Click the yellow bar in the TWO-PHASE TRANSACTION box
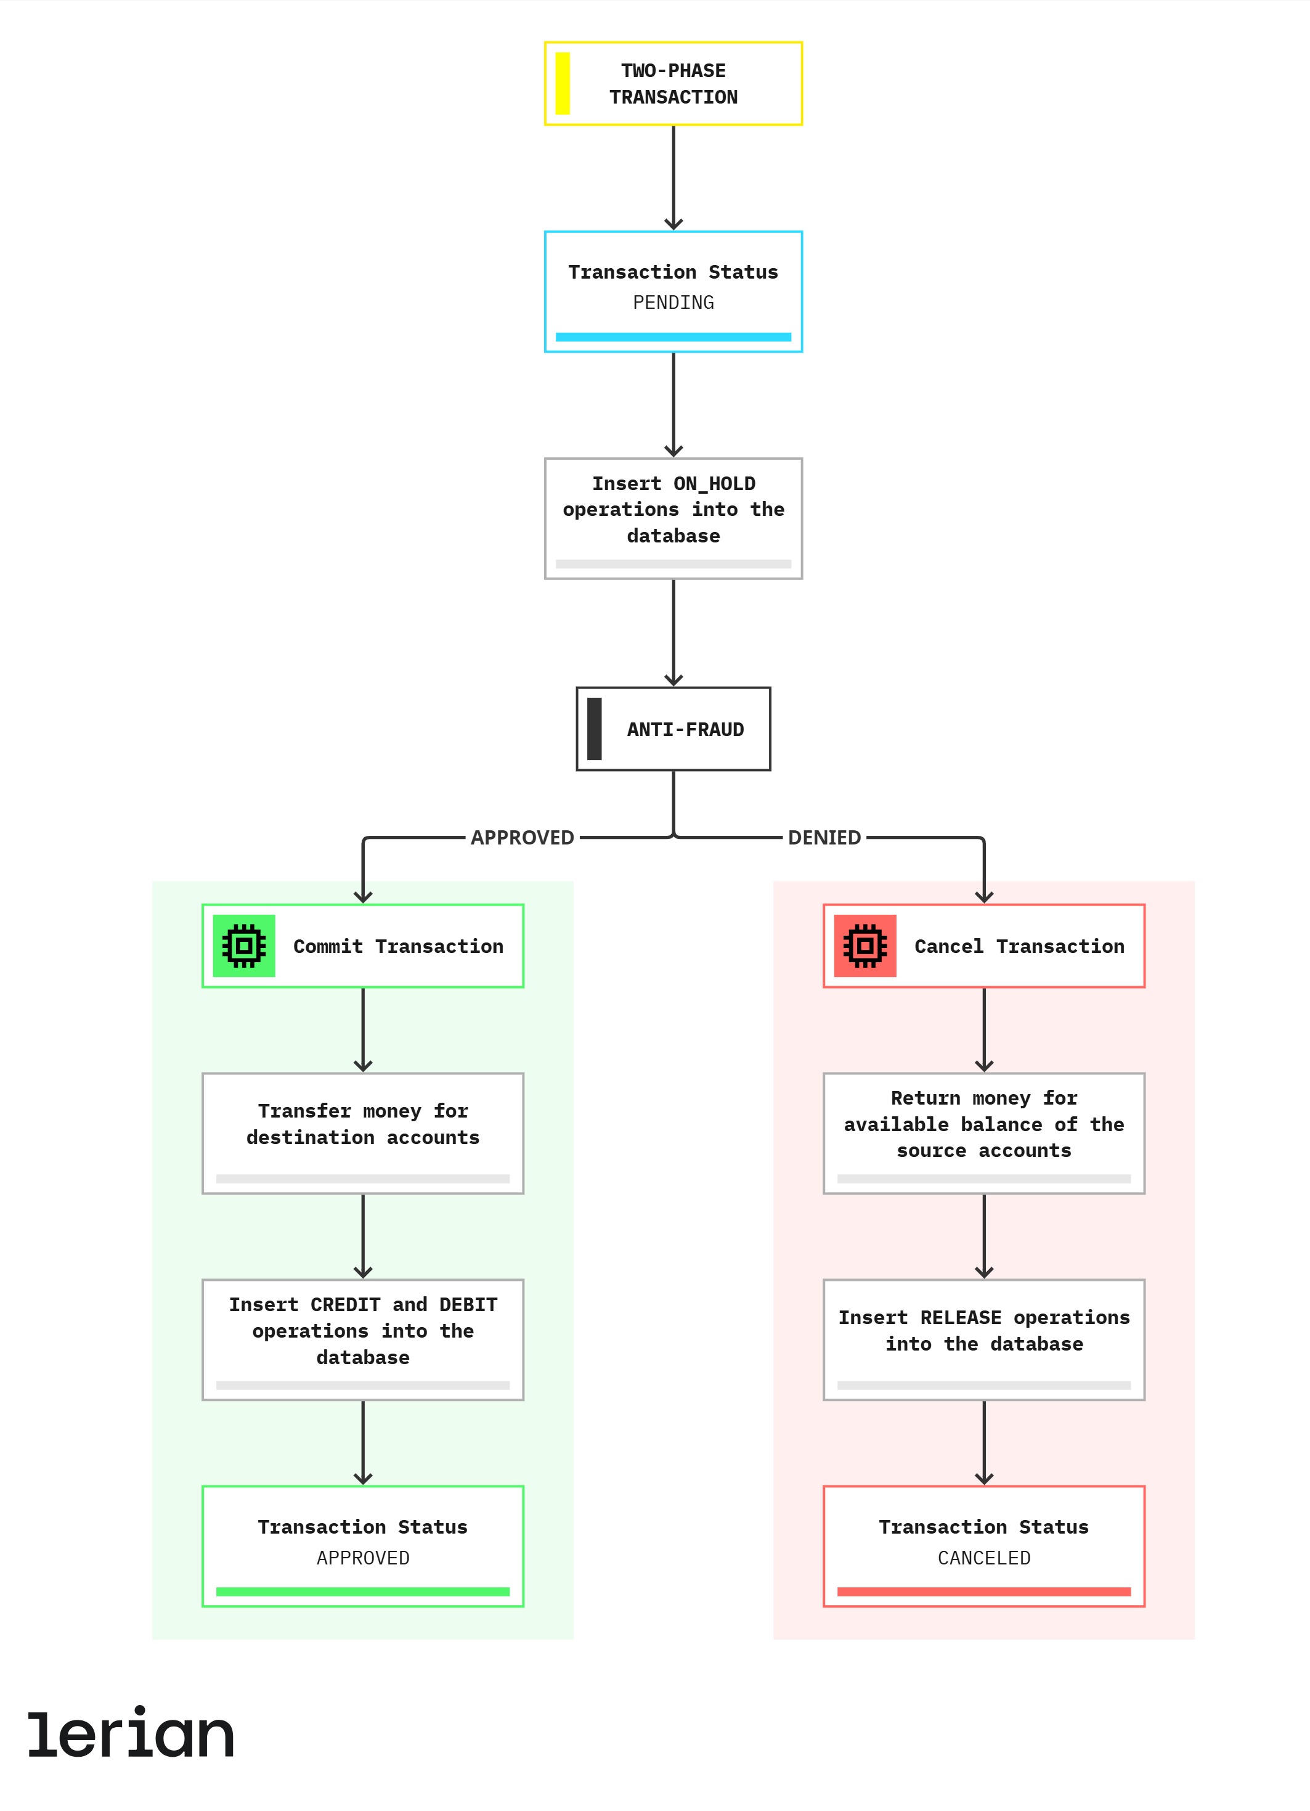(562, 83)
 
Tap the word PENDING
(673, 303)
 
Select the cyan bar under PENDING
(673, 337)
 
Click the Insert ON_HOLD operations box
(673, 518)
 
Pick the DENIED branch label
(824, 838)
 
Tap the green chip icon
(244, 946)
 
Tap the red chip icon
(865, 946)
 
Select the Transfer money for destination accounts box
(363, 1133)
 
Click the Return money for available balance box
(984, 1133)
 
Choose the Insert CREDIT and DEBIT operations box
(363, 1340)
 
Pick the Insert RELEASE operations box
(984, 1340)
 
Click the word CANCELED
(984, 1558)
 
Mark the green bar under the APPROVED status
(363, 1592)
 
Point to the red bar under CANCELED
(984, 1592)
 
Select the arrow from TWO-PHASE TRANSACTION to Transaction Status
(673, 178)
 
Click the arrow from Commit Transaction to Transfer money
(363, 1030)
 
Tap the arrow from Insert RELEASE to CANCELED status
(984, 1443)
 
